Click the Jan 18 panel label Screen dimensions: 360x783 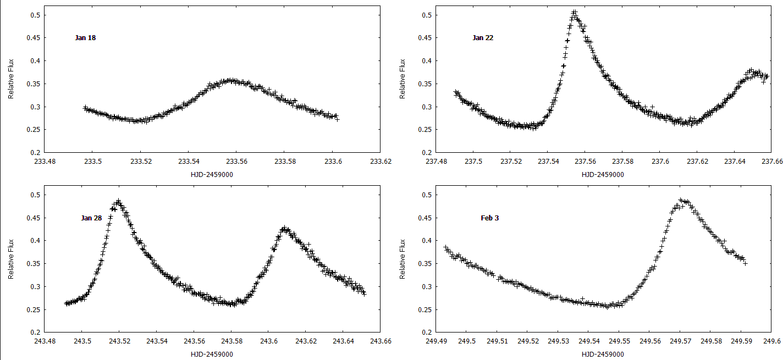86,38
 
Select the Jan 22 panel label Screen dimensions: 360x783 483,38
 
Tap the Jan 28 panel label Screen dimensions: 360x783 91,218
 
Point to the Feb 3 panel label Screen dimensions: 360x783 490,218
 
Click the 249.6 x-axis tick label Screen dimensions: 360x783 773,341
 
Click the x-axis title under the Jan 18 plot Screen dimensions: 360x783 212,174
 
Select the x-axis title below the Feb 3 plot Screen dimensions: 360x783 603,355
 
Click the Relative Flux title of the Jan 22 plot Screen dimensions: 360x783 404,79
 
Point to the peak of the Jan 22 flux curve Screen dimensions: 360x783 574,12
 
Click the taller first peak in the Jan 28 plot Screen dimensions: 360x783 118,201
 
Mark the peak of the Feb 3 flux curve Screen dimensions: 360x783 681,200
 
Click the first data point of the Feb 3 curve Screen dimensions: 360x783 445,247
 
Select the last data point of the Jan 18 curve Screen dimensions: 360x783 337,119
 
